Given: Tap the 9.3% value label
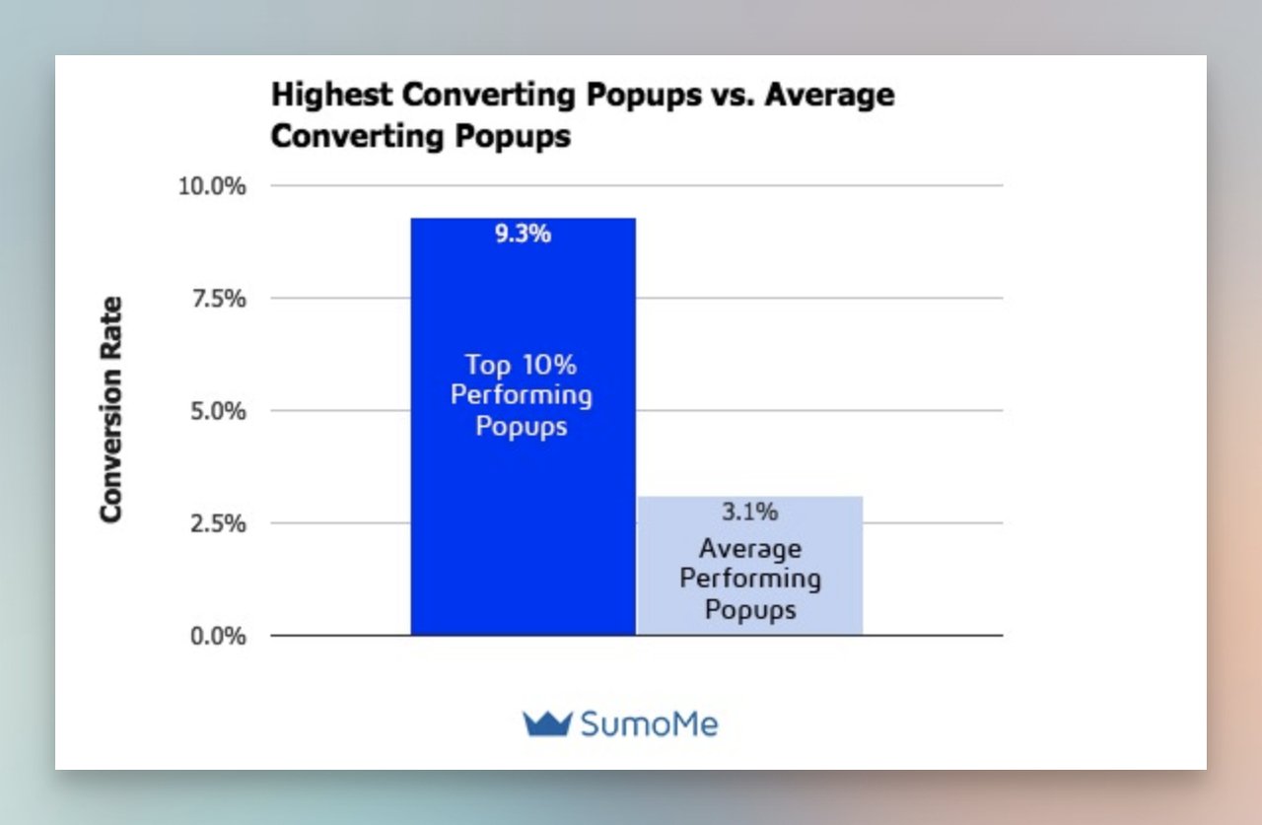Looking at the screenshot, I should (x=523, y=236).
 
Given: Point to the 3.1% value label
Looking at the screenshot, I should (x=750, y=513).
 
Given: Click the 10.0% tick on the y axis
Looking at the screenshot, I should (x=211, y=186).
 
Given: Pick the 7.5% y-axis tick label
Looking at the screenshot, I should (x=217, y=299).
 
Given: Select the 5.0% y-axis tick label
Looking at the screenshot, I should (x=217, y=411).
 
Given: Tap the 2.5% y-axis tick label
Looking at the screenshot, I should (x=217, y=523).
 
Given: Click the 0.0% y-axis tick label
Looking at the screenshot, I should (x=217, y=636).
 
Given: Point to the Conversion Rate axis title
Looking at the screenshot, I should (x=110, y=410).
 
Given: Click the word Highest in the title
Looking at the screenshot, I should (x=330, y=97).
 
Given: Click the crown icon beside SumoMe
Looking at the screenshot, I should (x=547, y=724).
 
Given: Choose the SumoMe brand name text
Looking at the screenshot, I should (x=650, y=724).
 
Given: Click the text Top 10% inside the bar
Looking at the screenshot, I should (x=522, y=366).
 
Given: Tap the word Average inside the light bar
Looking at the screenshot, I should (x=750, y=548).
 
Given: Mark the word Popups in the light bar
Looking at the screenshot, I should (x=750, y=611).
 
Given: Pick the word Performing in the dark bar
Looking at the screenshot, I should (x=522, y=396).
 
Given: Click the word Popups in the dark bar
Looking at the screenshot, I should (x=522, y=428).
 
